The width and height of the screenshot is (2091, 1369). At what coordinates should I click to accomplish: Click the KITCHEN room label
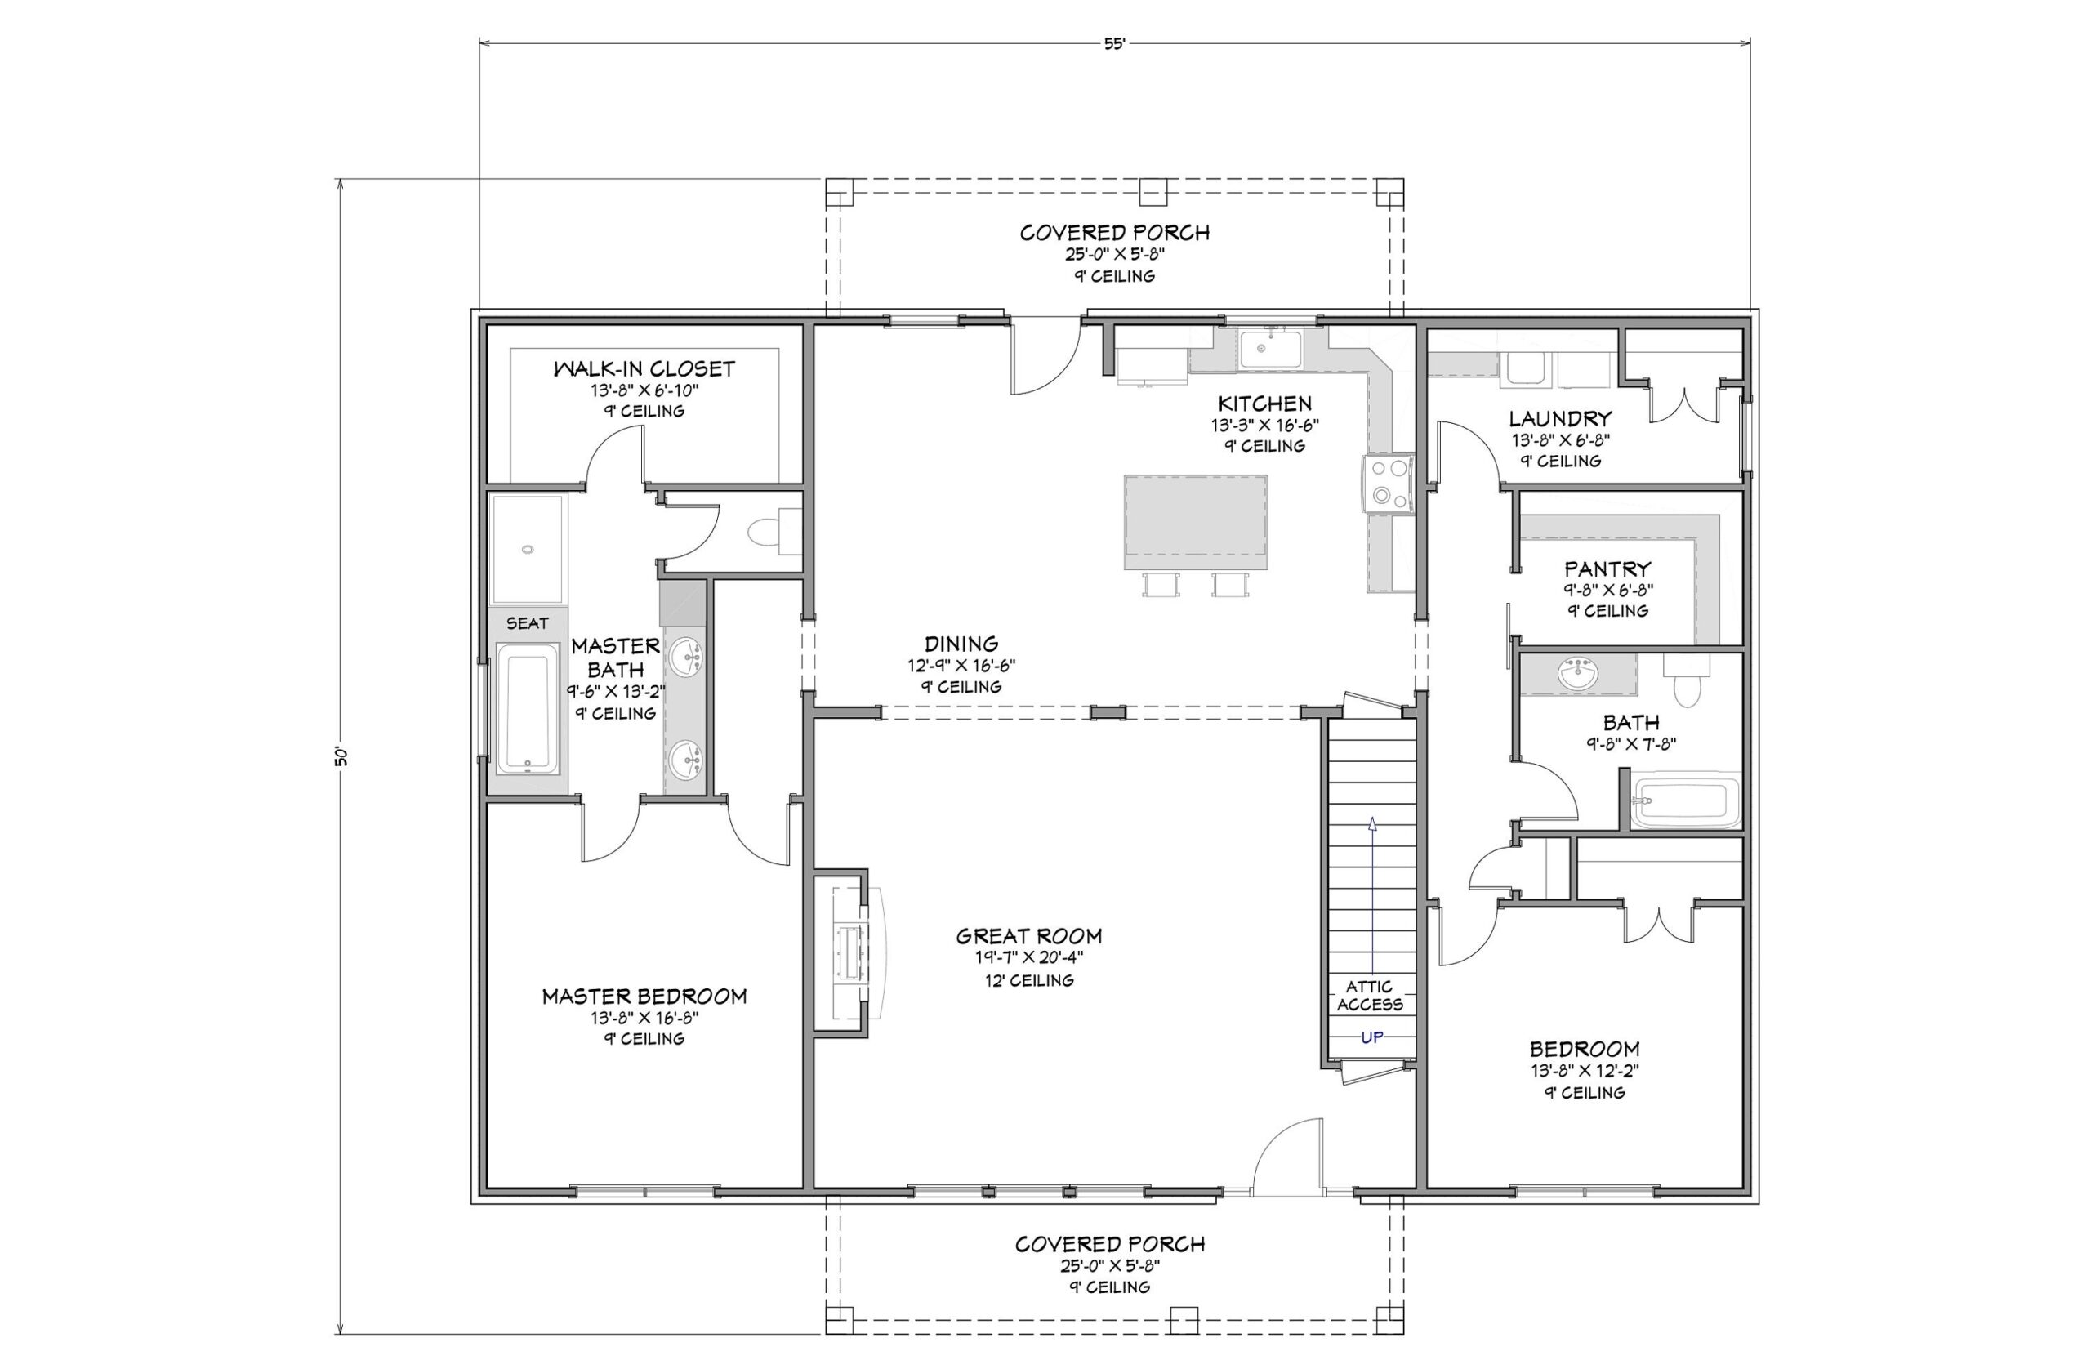pyautogui.click(x=1264, y=404)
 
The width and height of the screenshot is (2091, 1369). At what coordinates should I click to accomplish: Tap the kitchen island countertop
pyautogui.click(x=1195, y=523)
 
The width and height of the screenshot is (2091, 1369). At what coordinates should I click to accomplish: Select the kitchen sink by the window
pyautogui.click(x=1269, y=348)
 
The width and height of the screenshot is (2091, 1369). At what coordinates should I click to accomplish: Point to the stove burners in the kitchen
pyautogui.click(x=1387, y=483)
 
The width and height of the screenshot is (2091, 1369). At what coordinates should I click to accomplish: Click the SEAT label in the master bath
pyautogui.click(x=527, y=623)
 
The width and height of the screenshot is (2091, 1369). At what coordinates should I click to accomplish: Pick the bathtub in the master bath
pyautogui.click(x=527, y=708)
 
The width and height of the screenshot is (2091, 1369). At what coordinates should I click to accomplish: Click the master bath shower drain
pyautogui.click(x=527, y=549)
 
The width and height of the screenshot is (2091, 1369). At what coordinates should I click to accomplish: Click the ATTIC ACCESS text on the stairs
pyautogui.click(x=1370, y=995)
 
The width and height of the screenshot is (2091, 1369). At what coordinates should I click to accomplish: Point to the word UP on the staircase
pyautogui.click(x=1371, y=1037)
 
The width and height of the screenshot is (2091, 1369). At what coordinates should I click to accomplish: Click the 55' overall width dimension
pyautogui.click(x=1114, y=43)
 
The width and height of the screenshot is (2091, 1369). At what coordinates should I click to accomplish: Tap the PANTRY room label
pyautogui.click(x=1607, y=569)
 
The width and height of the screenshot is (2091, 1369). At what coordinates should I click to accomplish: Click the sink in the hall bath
pyautogui.click(x=1579, y=675)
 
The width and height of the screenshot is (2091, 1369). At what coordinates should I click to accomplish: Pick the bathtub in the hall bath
pyautogui.click(x=1685, y=800)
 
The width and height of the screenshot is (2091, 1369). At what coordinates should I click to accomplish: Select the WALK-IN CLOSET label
pyautogui.click(x=644, y=368)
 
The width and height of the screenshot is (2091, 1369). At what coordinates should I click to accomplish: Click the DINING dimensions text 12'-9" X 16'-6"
pyautogui.click(x=961, y=666)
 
